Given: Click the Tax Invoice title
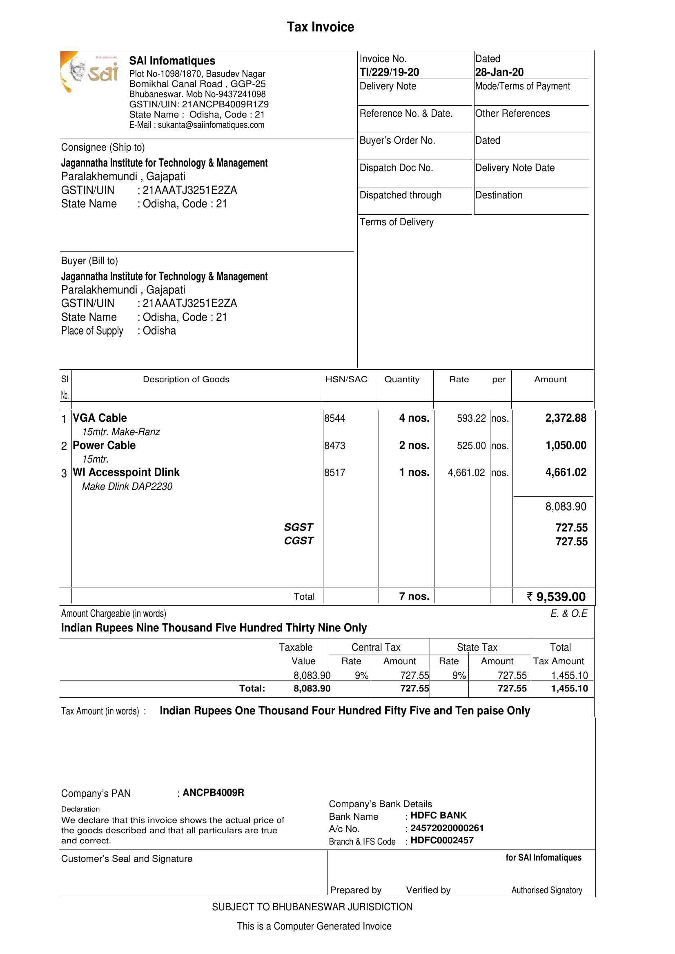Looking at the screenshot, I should coord(321,27).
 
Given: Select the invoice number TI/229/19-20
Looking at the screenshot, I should coord(390,72).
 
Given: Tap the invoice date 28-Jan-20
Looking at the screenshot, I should coord(499,72).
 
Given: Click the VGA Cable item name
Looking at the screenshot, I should coord(100,418).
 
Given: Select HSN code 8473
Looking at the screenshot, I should coord(334,446).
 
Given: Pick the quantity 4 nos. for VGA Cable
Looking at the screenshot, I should coord(414,418).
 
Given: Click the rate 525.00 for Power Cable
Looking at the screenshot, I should coord(471,446).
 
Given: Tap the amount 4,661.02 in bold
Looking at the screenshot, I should coord(566,472).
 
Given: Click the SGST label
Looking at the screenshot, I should coord(299,527).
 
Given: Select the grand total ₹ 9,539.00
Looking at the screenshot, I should coord(556,597).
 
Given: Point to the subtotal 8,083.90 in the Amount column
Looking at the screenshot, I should coord(566,507).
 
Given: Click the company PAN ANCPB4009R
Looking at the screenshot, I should coord(213,793).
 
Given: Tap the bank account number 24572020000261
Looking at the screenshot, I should coord(447,828).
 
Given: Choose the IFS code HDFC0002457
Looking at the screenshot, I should coord(442,841).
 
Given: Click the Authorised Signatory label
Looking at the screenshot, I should coord(546,890).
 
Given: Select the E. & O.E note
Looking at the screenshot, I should coord(568,614).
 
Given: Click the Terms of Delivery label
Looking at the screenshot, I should coord(397,222).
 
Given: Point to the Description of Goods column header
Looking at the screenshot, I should coord(186,379).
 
